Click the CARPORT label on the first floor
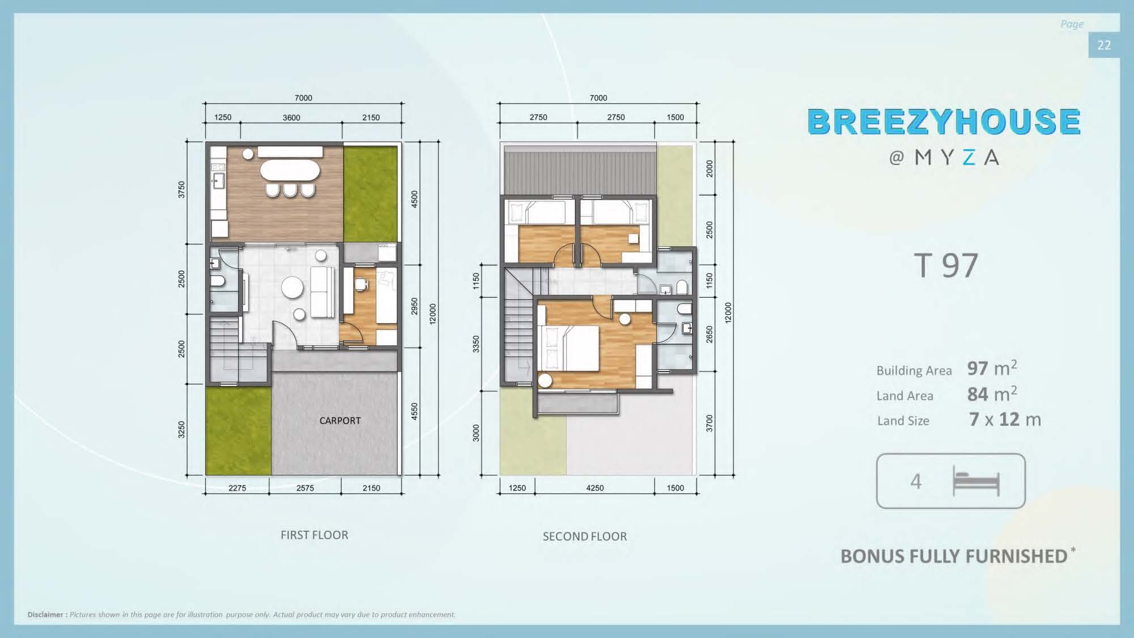[340, 421]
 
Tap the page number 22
[1104, 45]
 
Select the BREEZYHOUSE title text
[944, 121]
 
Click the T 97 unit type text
[946, 265]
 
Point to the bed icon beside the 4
[976, 481]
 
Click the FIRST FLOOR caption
[315, 535]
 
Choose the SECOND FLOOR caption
[585, 536]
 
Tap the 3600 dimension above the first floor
[291, 117]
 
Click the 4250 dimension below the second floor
[594, 488]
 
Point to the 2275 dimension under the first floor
[237, 488]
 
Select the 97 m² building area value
[992, 368]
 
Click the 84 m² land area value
[992, 394]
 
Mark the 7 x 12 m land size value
[1005, 420]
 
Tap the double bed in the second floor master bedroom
[570, 348]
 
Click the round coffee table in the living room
[292, 288]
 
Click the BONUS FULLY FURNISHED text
[954, 556]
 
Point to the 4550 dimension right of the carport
[414, 411]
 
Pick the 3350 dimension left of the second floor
[476, 344]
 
